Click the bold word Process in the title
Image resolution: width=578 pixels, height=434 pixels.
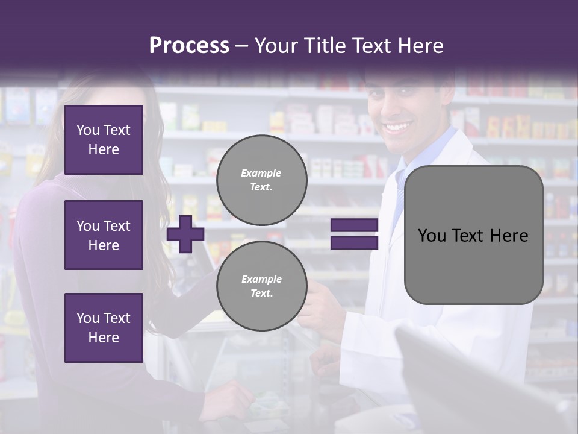[x=189, y=45]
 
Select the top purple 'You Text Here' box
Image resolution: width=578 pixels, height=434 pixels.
[x=104, y=140]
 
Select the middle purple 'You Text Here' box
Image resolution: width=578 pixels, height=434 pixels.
[x=104, y=235]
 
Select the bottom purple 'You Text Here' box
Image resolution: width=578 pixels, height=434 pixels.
[x=104, y=328]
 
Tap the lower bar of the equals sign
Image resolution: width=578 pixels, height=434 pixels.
[x=354, y=243]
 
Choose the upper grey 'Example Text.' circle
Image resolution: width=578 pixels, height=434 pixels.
[x=261, y=180]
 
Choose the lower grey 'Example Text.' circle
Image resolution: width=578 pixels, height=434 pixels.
[x=261, y=286]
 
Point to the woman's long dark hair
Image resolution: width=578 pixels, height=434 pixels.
[x=151, y=181]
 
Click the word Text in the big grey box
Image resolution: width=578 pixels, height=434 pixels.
[x=473, y=236]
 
